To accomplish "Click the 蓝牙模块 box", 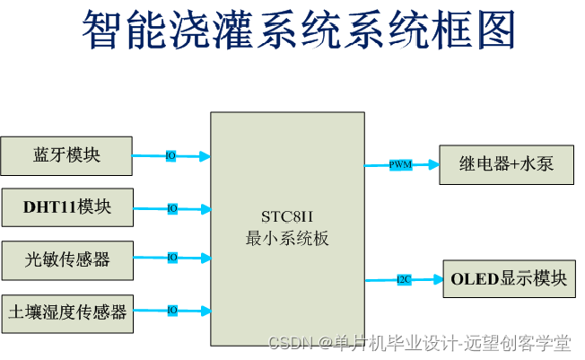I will tap(66, 155).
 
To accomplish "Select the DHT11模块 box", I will tap(67, 207).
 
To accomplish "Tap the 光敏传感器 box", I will tap(67, 259).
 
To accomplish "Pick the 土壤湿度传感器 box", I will tap(67, 312).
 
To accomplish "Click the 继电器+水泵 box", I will tap(506, 164).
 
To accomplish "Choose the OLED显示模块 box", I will tap(509, 279).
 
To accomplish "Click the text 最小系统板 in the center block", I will tap(287, 239).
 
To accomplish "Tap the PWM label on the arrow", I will tap(400, 165).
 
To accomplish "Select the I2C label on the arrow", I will tap(404, 280).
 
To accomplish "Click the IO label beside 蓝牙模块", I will tap(170, 156).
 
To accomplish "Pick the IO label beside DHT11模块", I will tap(171, 208).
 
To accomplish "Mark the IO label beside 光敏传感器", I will tap(171, 258).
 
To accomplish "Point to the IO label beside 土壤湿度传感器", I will tap(171, 311).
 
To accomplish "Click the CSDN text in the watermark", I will tap(289, 343).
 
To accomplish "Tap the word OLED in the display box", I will tap(472, 279).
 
